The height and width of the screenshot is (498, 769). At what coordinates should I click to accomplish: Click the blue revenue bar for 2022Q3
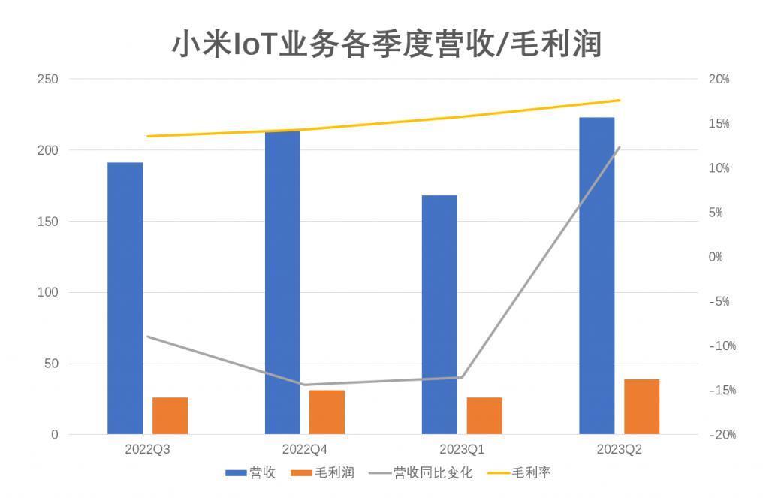(x=125, y=298)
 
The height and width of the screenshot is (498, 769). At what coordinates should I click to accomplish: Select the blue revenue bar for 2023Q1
(x=439, y=315)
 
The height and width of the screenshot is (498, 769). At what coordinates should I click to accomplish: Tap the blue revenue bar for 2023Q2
(x=596, y=276)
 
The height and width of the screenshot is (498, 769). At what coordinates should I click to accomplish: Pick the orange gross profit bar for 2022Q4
(x=327, y=412)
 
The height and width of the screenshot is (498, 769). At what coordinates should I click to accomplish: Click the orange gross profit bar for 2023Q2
(x=641, y=406)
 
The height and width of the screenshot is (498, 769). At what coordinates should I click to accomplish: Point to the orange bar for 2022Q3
(x=170, y=415)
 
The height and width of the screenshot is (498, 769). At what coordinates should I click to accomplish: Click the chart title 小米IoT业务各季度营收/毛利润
(x=387, y=44)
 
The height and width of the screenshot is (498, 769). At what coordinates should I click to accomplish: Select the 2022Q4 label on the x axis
(x=304, y=450)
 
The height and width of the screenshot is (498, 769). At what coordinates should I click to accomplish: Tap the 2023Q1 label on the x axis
(x=462, y=450)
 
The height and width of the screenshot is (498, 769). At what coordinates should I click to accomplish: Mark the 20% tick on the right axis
(x=719, y=79)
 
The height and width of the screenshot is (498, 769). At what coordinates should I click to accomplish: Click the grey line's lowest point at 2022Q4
(x=304, y=385)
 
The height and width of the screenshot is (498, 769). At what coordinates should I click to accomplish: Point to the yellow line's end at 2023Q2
(x=619, y=100)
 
